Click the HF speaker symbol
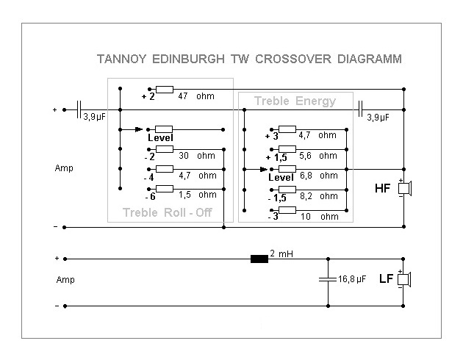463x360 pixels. pyautogui.click(x=403, y=188)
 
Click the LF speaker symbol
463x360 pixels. pyautogui.click(x=403, y=279)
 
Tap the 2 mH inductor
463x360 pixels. pyautogui.click(x=259, y=259)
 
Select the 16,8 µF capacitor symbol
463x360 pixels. pyautogui.click(x=328, y=279)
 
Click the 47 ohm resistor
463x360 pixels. pyautogui.click(x=164, y=90)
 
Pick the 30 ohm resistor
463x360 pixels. pyautogui.click(x=164, y=148)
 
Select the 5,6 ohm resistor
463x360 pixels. pyautogui.click(x=287, y=149)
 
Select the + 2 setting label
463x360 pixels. pyautogui.click(x=148, y=96)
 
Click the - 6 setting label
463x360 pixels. pyautogui.click(x=149, y=197)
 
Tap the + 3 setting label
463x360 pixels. pyautogui.click(x=272, y=137)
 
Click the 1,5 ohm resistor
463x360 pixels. pyautogui.click(x=164, y=189)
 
